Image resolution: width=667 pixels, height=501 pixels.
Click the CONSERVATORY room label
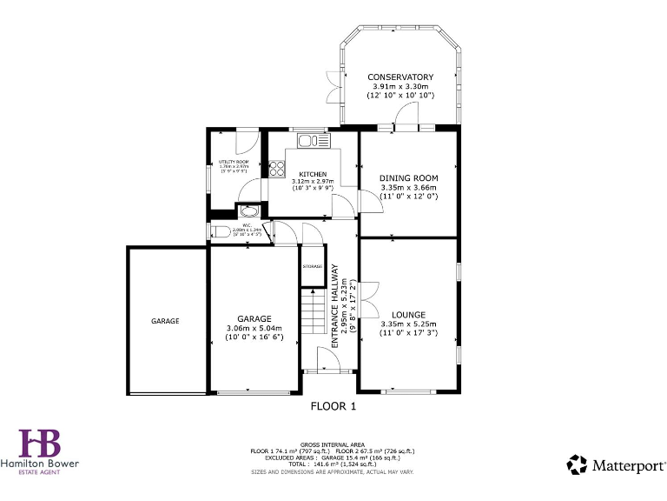(400, 77)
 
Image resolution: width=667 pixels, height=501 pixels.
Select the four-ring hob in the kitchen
(277, 168)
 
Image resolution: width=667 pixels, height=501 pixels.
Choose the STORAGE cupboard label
(312, 266)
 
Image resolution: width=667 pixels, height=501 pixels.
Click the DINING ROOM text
(408, 177)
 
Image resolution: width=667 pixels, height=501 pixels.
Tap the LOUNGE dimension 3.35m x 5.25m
(408, 324)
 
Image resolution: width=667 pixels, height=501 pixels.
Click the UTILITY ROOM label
(233, 163)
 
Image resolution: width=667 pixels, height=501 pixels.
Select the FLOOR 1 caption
(333, 405)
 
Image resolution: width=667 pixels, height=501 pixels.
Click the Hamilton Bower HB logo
(39, 443)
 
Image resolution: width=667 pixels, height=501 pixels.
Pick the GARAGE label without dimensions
(165, 321)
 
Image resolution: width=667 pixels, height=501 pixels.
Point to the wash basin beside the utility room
(248, 210)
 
